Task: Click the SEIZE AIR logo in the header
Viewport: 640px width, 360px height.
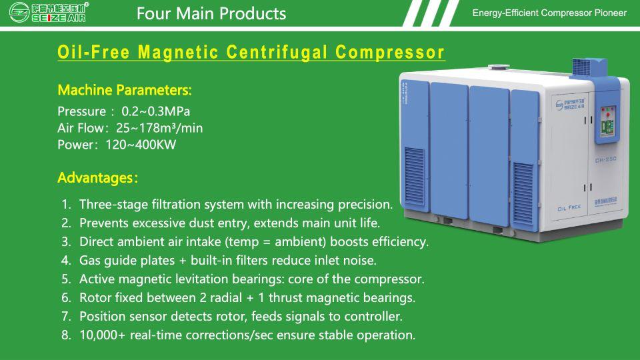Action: [49, 12]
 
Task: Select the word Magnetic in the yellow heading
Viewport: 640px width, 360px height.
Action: [177, 53]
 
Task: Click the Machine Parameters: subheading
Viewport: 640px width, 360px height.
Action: [125, 90]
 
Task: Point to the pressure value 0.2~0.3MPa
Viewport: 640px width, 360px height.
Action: [155, 111]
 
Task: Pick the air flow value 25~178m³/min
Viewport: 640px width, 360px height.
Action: [159, 128]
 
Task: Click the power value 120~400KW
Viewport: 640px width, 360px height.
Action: [141, 145]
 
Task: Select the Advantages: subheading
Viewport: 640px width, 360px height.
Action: [97, 178]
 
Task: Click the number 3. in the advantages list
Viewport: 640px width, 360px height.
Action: [66, 241]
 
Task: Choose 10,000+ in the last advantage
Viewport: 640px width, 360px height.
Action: [103, 335]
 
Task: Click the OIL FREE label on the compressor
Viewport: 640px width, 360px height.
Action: [569, 208]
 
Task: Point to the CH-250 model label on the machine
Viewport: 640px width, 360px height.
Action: [605, 159]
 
